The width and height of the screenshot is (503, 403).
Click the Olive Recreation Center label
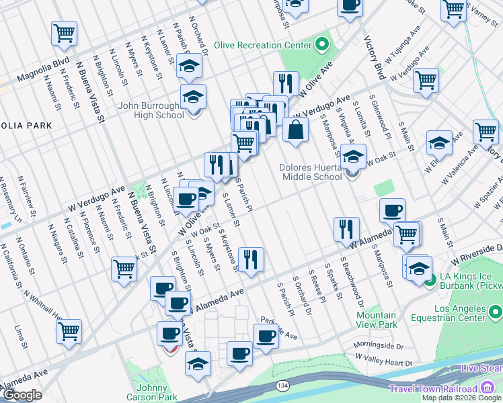263,46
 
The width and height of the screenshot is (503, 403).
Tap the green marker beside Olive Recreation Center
322,46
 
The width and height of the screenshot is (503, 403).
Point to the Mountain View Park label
376,320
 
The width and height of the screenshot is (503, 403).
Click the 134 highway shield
282,386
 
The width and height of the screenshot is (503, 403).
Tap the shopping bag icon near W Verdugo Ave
295,129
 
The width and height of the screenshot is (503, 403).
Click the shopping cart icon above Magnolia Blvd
64,32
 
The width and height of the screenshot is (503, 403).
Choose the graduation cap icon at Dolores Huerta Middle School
353,156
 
